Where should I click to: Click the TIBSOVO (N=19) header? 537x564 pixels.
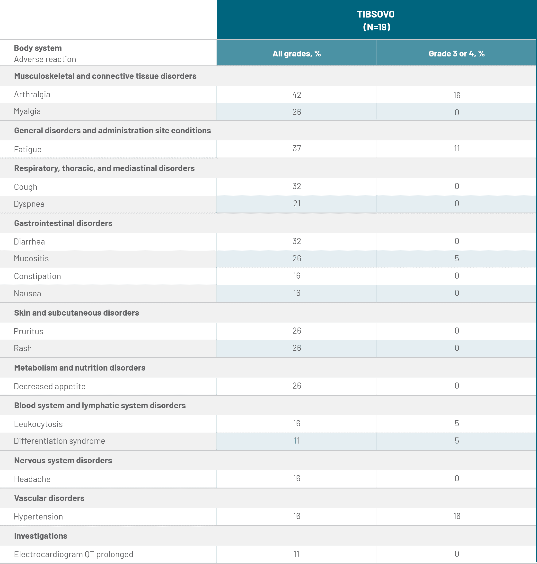tap(376, 20)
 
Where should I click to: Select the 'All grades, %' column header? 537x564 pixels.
tap(297, 54)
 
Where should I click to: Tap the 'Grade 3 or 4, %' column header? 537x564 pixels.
tap(457, 54)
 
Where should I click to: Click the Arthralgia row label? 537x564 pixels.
tap(32, 94)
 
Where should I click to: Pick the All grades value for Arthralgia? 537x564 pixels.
tap(297, 95)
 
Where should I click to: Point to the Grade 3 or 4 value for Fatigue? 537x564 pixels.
tap(457, 148)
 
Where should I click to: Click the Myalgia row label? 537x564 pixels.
tap(27, 111)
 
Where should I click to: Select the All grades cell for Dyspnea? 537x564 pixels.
tap(297, 204)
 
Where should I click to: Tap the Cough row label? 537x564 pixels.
tap(26, 187)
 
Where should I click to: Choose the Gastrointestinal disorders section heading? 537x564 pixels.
tap(63, 223)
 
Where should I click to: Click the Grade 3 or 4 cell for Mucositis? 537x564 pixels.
tap(457, 258)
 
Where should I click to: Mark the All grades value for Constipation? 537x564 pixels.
tap(297, 276)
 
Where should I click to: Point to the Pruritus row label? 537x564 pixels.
tap(29, 331)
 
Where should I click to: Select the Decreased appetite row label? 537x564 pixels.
tap(50, 386)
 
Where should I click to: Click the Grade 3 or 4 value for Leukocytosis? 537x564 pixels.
tap(457, 423)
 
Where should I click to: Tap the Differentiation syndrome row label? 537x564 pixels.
tap(60, 441)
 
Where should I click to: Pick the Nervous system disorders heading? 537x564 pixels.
tap(63, 460)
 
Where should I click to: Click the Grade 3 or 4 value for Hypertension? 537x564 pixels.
tap(457, 516)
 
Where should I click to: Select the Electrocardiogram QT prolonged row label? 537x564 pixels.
tap(74, 554)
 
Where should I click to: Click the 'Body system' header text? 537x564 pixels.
tap(38, 48)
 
